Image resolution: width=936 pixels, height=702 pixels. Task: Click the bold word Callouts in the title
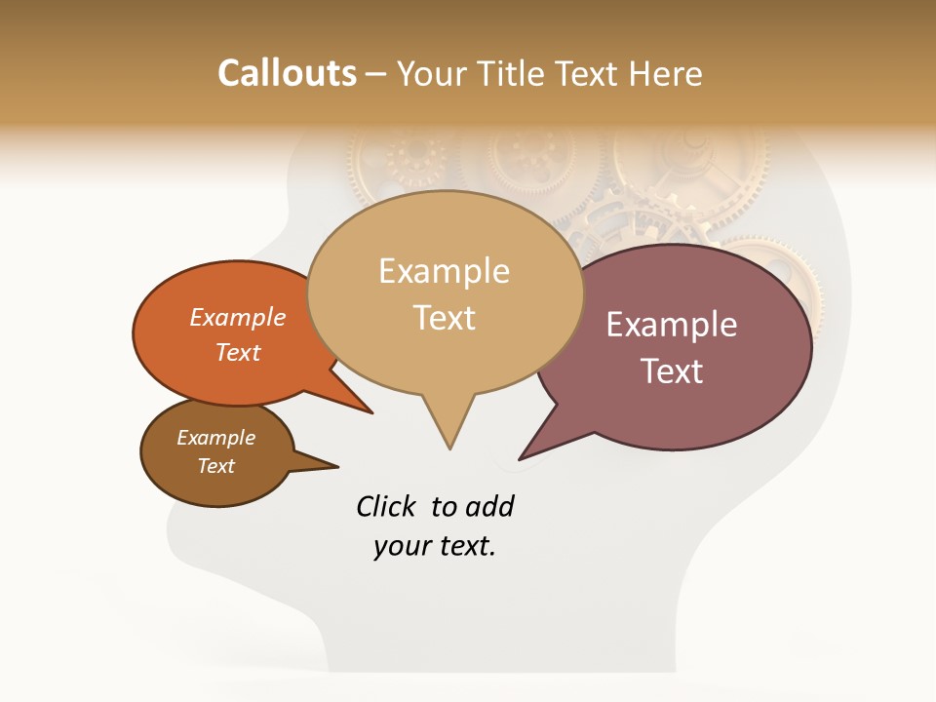coord(287,73)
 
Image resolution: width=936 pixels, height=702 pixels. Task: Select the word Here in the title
coord(666,73)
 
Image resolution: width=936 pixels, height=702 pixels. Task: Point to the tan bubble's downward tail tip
coord(449,448)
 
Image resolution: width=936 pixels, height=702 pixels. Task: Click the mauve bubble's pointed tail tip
coord(520,458)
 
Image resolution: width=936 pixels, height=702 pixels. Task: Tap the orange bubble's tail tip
coord(371,413)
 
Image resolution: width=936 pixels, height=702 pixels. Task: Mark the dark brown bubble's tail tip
coord(337,466)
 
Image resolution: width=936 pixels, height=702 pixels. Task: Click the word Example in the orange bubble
coord(238,318)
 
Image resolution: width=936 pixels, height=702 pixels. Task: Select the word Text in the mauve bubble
coord(672,371)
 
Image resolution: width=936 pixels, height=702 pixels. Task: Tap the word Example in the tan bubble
coord(444,271)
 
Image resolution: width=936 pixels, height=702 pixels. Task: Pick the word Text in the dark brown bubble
coord(216,466)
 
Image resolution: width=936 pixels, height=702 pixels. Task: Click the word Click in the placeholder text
coord(385,506)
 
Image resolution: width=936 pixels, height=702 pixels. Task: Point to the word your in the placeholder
coord(402,547)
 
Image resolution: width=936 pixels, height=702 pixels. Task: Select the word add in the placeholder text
coord(488,506)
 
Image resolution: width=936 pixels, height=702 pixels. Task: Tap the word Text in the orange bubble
coord(238,352)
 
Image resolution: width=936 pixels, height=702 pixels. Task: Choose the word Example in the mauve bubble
coord(672,325)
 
